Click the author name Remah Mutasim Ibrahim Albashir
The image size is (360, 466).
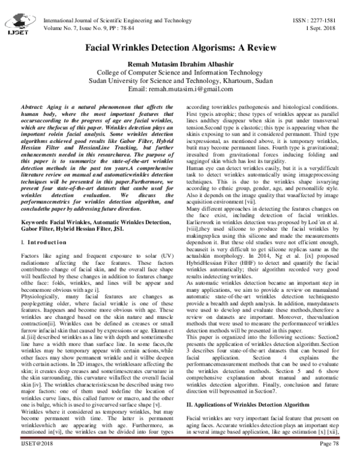pyautogui.click(x=180, y=64)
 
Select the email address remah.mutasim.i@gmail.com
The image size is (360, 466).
pyautogui.click(x=180, y=89)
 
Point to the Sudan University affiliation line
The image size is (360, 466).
pyautogui.click(x=180, y=81)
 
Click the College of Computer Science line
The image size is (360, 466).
pyautogui.click(x=180, y=73)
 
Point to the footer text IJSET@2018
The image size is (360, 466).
pyautogui.click(x=23, y=458)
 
